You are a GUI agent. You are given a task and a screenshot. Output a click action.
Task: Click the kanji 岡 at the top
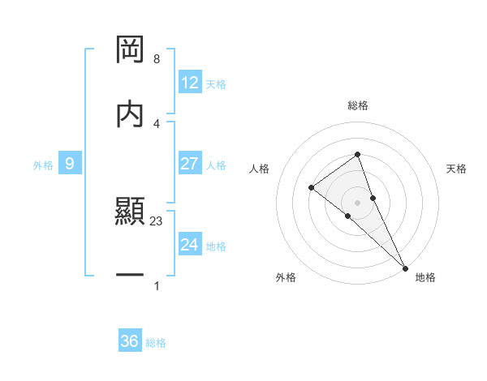[130, 49]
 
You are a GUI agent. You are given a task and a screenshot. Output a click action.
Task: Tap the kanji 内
[130, 113]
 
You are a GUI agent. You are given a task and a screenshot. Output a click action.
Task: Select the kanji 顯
[130, 212]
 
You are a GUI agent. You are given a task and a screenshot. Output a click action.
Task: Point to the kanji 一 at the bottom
[130, 276]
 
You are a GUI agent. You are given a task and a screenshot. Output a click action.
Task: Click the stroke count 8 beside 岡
[156, 59]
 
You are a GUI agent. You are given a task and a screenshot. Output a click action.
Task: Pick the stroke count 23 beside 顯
[157, 220]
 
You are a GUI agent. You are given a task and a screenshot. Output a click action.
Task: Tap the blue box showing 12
[190, 83]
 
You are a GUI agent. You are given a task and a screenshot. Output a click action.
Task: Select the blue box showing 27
[190, 164]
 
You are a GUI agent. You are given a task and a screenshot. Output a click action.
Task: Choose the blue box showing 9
[70, 164]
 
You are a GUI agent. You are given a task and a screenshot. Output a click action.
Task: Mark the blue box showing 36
[130, 341]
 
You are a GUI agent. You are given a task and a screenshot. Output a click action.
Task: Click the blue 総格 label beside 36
[156, 343]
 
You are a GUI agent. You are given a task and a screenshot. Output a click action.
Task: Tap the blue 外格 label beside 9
[43, 165]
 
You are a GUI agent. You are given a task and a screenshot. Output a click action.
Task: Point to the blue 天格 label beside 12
[216, 84]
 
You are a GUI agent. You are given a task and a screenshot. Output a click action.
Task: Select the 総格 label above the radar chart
[357, 105]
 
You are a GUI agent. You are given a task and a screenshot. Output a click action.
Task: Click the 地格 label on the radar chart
[425, 277]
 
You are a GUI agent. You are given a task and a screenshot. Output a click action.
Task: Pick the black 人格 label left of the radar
[259, 169]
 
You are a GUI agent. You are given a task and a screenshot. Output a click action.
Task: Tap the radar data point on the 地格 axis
[404, 267]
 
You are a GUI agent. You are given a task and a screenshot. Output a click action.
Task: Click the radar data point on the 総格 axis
[357, 155]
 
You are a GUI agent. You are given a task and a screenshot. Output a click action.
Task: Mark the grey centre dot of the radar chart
[357, 202]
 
